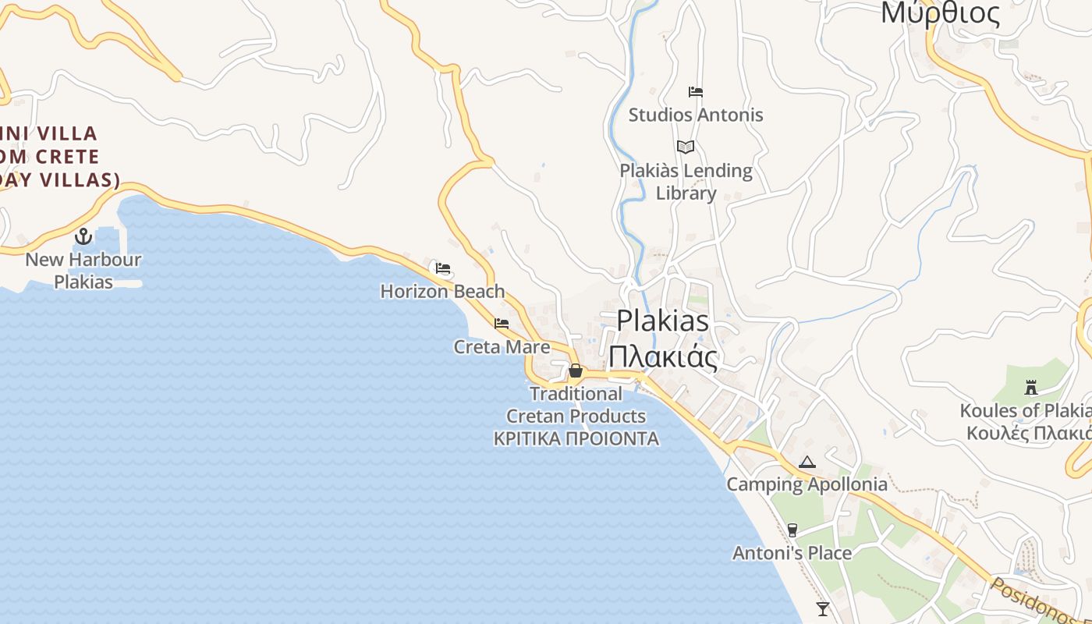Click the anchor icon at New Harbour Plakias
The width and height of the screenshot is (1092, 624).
83,236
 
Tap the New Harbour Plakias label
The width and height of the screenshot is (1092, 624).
83,271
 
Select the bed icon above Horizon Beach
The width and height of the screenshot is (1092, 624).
443,269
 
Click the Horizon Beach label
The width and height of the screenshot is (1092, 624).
442,292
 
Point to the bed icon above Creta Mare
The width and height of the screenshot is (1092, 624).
502,323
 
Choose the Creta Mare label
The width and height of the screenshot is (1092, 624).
502,347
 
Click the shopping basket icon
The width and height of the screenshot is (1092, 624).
576,370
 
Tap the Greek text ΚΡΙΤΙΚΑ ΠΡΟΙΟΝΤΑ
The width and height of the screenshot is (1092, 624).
576,439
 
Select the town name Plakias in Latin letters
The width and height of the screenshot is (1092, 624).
662,321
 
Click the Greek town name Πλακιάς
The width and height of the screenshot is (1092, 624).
662,356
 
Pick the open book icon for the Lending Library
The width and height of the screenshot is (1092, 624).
686,147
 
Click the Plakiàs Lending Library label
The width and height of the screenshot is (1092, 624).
686,182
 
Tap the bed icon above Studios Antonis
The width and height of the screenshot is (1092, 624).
696,92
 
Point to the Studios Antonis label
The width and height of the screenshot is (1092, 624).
696,115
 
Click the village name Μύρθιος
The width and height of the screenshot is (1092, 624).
940,14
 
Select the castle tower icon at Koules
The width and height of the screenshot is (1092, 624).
1031,387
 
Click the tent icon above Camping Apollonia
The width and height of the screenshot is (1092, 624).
807,462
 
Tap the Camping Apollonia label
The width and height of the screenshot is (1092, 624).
807,484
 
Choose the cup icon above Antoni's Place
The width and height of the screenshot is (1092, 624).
792,530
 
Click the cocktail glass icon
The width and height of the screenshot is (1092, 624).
822,608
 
